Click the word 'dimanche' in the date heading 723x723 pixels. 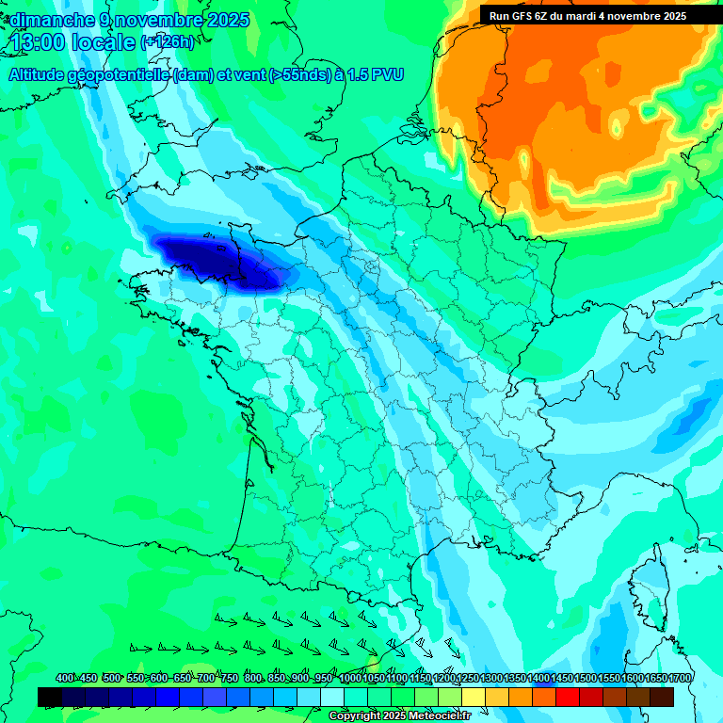click(49, 20)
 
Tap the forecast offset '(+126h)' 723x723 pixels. click(168, 41)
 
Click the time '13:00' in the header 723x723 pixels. click(40, 42)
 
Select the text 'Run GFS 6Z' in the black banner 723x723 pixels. click(519, 16)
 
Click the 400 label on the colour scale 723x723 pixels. click(65, 679)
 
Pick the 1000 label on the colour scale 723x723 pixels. click(351, 679)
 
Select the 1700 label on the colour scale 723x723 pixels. click(680, 679)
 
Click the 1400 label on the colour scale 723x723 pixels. click(538, 679)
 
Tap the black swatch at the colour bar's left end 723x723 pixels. click(50, 698)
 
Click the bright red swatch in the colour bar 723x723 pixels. click(568, 698)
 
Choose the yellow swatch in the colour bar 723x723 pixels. click(474, 698)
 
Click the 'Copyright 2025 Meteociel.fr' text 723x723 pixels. click(399, 716)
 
